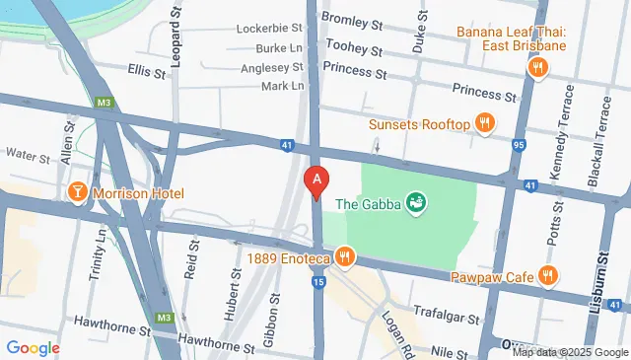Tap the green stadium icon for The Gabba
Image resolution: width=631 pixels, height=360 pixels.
(417, 204)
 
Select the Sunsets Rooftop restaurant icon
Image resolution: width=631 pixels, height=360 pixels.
(484, 124)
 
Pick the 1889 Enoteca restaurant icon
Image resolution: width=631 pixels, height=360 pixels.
(344, 258)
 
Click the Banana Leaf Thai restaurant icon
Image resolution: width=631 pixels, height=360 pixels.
(537, 67)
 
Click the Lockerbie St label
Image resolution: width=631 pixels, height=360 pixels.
(267, 29)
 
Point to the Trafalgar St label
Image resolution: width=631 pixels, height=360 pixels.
(446, 320)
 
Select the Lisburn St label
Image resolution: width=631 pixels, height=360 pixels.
(602, 281)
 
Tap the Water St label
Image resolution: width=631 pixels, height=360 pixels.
(28, 155)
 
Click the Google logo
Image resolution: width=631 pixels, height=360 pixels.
(33, 347)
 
